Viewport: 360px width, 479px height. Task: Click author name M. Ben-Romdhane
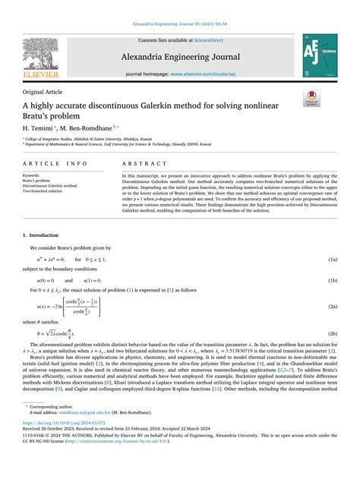[88, 128]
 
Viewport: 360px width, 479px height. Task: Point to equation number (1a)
[333, 260]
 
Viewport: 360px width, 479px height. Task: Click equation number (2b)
[333, 333]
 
